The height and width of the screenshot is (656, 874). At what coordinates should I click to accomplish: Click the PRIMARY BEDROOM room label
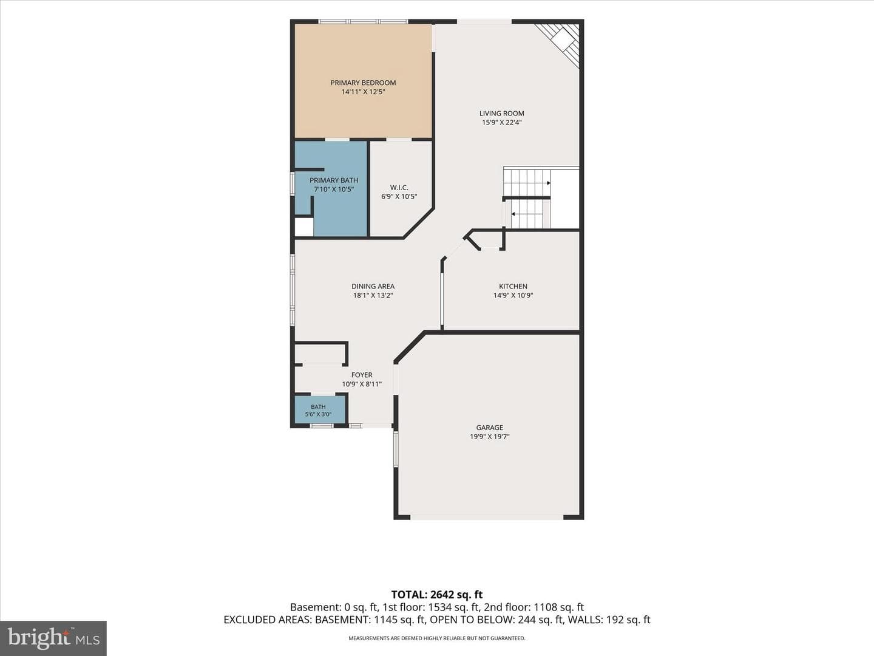363,83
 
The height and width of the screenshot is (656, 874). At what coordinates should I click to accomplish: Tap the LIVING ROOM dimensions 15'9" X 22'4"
502,122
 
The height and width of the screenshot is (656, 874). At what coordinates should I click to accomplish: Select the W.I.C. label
399,187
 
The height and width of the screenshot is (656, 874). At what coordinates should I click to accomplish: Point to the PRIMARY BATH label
334,180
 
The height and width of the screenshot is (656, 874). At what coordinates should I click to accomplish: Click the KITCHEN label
513,286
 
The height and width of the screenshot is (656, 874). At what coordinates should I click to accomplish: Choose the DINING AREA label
373,286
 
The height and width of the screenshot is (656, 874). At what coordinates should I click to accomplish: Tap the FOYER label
362,375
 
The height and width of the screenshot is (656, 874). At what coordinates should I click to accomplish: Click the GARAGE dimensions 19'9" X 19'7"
489,437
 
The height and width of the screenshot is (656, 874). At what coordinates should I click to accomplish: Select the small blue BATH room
319,409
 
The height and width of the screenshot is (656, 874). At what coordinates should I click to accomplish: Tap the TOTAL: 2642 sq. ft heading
437,595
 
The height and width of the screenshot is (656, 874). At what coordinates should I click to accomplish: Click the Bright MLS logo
53,638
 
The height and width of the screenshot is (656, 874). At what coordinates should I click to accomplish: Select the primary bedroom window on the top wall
363,21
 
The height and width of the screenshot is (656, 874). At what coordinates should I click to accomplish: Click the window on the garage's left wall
396,449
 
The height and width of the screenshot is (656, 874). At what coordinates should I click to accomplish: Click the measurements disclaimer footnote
437,638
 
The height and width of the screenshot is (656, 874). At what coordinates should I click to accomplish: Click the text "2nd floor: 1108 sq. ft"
534,607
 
